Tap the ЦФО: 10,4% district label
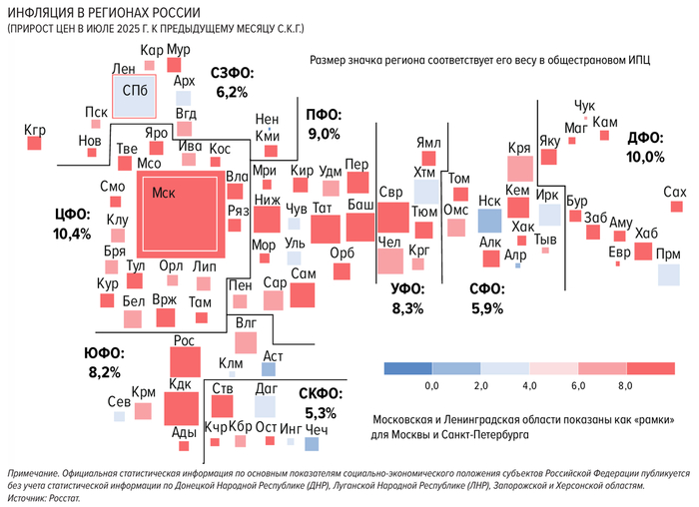[73, 225]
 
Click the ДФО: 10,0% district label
[645, 148]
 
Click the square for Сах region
[674, 209]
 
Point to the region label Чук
[585, 105]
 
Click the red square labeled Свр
[391, 217]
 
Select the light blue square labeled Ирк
[548, 213]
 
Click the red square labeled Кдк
[181, 408]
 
